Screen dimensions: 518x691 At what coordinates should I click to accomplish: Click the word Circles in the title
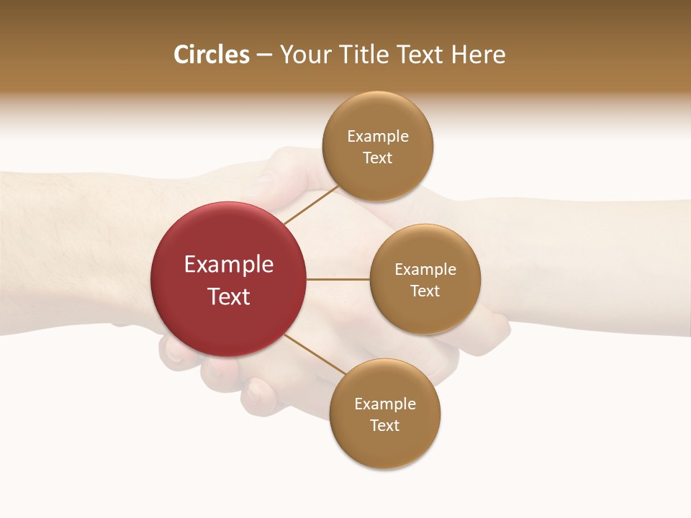[211, 55]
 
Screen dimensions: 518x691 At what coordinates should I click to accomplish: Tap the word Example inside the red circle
[229, 265]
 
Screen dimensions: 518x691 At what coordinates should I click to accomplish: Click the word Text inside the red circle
[229, 296]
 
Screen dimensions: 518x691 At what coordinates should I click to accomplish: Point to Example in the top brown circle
[378, 137]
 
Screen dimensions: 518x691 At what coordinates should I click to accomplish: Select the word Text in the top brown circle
[378, 158]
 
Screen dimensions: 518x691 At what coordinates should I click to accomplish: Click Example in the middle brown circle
[425, 270]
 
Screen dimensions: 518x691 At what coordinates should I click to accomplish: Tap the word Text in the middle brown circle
[425, 291]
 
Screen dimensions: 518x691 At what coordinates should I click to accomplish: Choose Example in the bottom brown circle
[385, 404]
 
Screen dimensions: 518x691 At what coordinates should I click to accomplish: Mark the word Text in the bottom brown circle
[385, 426]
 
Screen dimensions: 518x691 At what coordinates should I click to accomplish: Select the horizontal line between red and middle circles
[338, 279]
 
